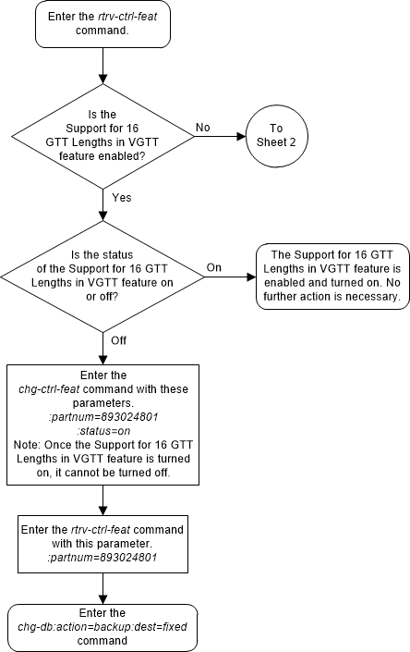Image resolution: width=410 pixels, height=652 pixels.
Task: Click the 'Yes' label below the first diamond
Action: (121, 197)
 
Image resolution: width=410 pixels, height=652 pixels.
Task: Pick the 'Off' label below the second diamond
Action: (119, 340)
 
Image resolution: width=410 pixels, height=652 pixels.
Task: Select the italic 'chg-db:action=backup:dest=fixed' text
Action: (102, 626)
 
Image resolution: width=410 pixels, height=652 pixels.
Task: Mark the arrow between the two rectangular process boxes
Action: (102, 501)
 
